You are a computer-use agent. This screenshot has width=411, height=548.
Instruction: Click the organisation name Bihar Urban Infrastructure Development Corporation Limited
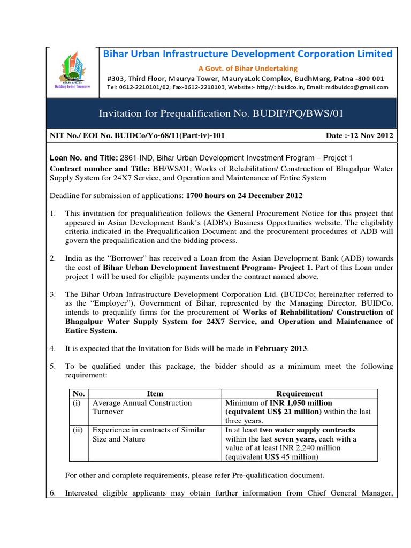point(247,54)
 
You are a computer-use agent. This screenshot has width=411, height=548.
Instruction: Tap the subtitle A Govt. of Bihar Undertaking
point(247,68)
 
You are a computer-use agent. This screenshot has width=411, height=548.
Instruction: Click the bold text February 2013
point(281,348)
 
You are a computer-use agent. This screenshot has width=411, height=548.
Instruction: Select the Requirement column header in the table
point(299,394)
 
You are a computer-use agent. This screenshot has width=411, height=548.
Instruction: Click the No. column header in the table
point(78,394)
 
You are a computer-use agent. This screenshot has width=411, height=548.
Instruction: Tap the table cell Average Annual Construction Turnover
point(142,407)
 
